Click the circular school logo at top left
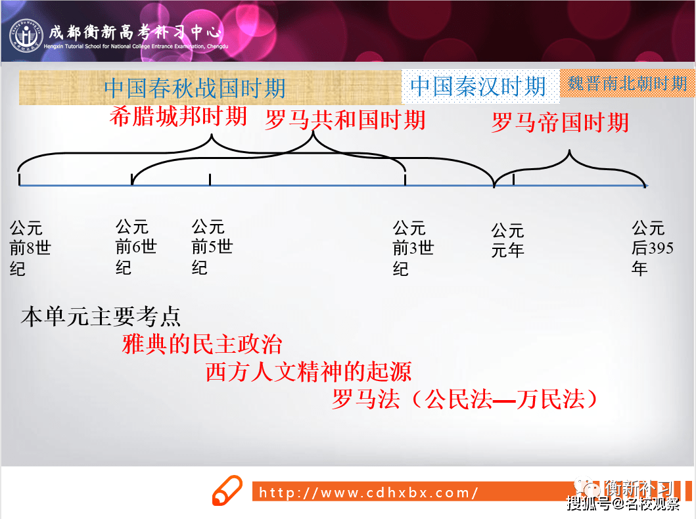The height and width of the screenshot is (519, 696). click(26, 35)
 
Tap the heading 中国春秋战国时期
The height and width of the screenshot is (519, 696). click(195, 88)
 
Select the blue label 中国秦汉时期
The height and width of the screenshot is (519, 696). click(478, 86)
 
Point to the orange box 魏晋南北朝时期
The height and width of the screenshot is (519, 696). click(628, 83)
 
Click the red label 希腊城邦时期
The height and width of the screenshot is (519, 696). click(178, 117)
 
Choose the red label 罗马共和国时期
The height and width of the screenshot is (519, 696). click(345, 120)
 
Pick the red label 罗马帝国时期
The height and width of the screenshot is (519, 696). click(560, 122)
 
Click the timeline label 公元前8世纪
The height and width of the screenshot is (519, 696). click(30, 248)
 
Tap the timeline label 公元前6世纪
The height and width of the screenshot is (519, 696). click(136, 247)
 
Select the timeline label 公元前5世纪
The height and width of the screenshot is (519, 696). click(212, 247)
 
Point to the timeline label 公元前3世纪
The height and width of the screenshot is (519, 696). click(413, 248)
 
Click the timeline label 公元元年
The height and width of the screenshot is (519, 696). click(508, 240)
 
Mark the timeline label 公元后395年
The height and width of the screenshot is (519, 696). click(653, 248)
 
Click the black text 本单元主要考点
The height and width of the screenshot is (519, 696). click(101, 317)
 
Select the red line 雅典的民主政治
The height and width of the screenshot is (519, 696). click(202, 344)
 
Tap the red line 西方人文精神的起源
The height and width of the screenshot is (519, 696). click(308, 372)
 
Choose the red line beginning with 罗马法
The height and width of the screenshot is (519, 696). click(464, 399)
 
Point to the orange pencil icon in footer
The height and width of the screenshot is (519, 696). click(227, 490)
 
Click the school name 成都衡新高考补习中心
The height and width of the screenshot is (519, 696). click(135, 32)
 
